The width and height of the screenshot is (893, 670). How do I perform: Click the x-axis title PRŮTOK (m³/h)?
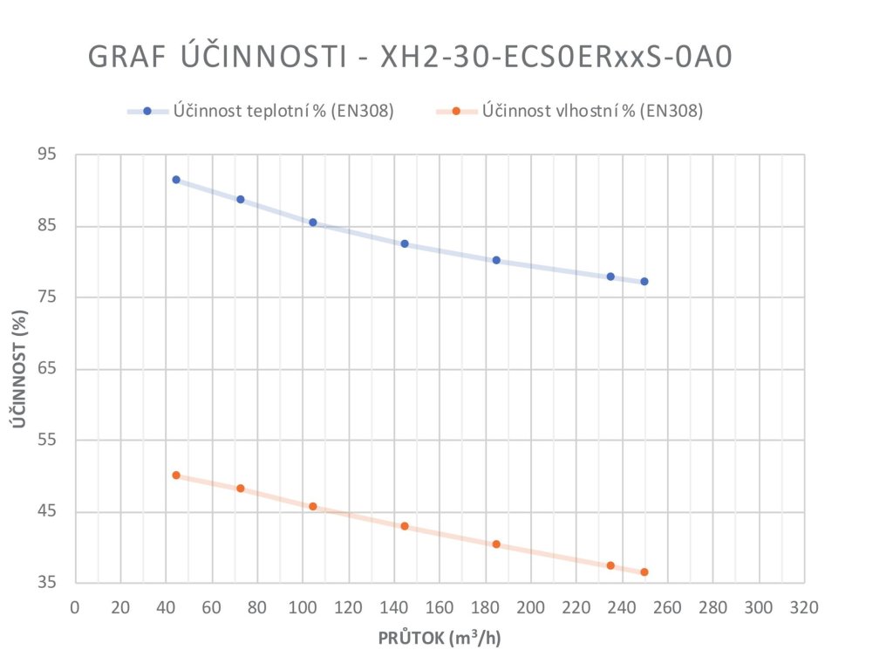tap(440, 638)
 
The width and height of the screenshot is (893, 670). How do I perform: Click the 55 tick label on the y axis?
tap(47, 441)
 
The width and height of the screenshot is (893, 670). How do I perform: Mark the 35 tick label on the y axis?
tap(47, 583)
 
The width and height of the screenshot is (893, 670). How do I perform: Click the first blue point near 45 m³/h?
tap(176, 180)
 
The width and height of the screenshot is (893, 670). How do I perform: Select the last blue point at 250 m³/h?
tap(644, 282)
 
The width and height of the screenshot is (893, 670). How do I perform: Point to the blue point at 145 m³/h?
tap(405, 243)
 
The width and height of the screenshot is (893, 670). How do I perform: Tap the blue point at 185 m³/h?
tap(496, 260)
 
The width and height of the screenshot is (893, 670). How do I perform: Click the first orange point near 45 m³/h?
tap(176, 475)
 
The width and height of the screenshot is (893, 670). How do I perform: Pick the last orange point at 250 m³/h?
tap(644, 572)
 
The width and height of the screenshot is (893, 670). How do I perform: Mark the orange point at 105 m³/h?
tap(313, 506)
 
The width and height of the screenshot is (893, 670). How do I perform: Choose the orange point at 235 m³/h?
tap(610, 565)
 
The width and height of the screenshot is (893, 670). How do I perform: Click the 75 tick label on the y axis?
tap(47, 297)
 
